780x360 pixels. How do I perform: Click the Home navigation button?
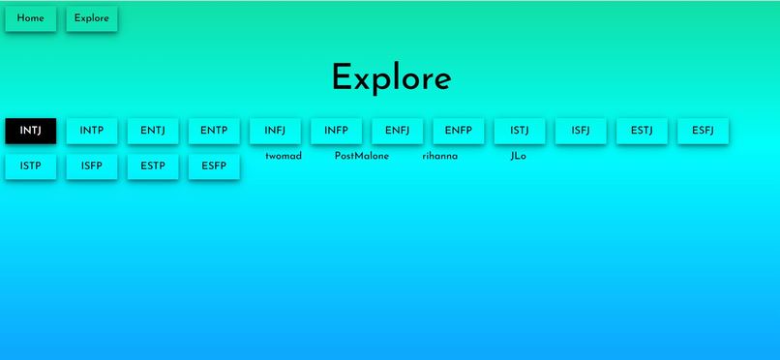pyautogui.click(x=30, y=18)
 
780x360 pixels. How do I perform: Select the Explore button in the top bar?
pyautogui.click(x=92, y=18)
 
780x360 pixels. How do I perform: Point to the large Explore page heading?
pyautogui.click(x=391, y=78)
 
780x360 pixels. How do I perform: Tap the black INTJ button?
pyautogui.click(x=31, y=131)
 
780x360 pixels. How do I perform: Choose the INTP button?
pyautogui.click(x=92, y=131)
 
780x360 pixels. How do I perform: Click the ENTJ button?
pyautogui.click(x=153, y=131)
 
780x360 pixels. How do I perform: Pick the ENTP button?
pyautogui.click(x=214, y=131)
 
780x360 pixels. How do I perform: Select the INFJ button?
pyautogui.click(x=275, y=131)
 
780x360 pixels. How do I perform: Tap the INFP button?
pyautogui.click(x=336, y=131)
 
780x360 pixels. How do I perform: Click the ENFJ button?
pyautogui.click(x=397, y=131)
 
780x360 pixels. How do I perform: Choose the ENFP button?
pyautogui.click(x=458, y=131)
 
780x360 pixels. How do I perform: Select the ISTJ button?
pyautogui.click(x=520, y=131)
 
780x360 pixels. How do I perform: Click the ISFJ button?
pyautogui.click(x=581, y=131)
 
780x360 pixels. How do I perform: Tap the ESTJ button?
pyautogui.click(x=642, y=131)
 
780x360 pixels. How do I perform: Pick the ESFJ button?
pyautogui.click(x=703, y=131)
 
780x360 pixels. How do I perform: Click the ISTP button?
pyautogui.click(x=31, y=166)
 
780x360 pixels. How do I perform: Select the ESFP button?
pyautogui.click(x=214, y=166)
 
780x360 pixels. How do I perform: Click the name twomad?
pyautogui.click(x=283, y=156)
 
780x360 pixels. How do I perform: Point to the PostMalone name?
pyautogui.click(x=361, y=156)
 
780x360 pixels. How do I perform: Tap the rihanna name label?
pyautogui.click(x=439, y=156)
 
